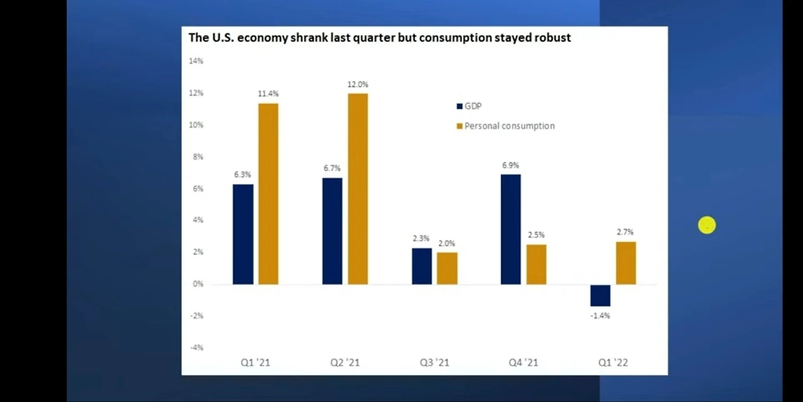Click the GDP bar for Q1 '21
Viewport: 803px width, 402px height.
click(243, 234)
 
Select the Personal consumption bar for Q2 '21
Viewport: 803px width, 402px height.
click(358, 189)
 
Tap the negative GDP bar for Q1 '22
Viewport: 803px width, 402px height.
click(600, 295)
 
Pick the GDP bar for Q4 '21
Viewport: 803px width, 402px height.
click(511, 230)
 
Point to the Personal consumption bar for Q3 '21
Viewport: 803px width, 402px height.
click(447, 268)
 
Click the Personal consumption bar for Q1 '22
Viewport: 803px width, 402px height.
click(625, 263)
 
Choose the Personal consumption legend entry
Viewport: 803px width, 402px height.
click(509, 126)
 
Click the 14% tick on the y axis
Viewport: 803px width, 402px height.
click(196, 61)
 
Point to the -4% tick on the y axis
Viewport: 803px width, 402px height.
click(196, 348)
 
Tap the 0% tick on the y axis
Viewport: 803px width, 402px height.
click(198, 284)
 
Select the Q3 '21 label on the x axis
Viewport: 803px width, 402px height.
click(434, 362)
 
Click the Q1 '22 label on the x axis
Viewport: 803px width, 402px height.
click(612, 362)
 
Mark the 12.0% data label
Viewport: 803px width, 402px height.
click(358, 85)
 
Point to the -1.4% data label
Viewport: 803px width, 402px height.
click(600, 316)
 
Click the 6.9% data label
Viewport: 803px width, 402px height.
click(510, 166)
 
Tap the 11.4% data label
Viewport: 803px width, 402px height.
click(268, 94)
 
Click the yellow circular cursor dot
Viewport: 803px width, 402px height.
click(706, 226)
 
